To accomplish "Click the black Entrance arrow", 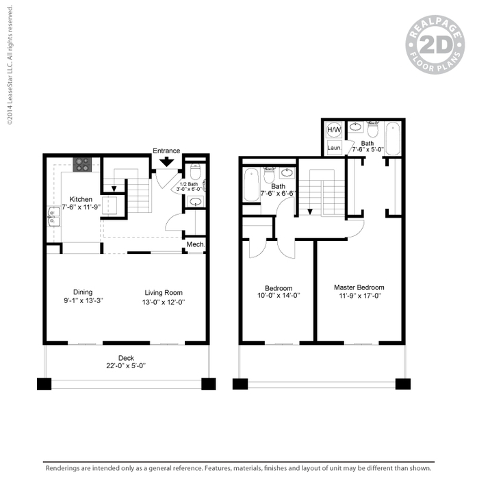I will click(x=166, y=162).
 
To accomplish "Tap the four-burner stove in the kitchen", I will click(x=82, y=164).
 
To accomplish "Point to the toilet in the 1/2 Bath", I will click(x=194, y=173).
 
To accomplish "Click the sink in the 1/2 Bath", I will click(x=194, y=201).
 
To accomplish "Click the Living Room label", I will click(x=164, y=292).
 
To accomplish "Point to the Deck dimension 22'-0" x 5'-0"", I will click(x=126, y=365).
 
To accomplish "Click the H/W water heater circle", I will click(x=335, y=130).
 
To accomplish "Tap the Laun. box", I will click(x=334, y=147).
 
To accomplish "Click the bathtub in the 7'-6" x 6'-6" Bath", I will click(x=250, y=185).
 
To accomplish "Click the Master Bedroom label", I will click(x=359, y=287).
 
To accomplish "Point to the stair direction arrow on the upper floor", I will click(x=309, y=211).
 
